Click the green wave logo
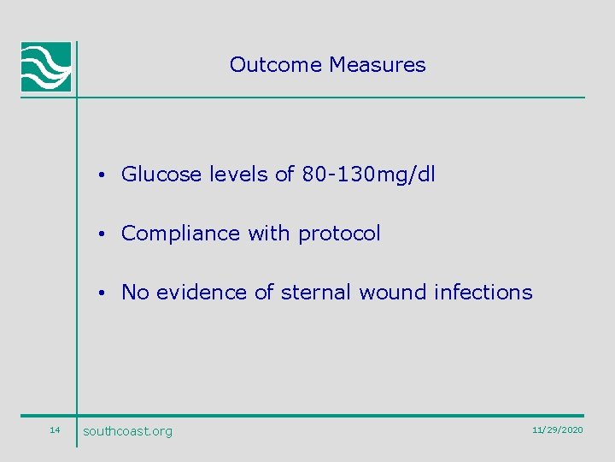[46, 67]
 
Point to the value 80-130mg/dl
[368, 175]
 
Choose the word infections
[483, 293]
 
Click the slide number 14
[55, 429]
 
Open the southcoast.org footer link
[127, 431]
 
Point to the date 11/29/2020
[557, 429]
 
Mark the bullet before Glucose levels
[101, 176]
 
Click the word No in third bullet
[135, 293]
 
